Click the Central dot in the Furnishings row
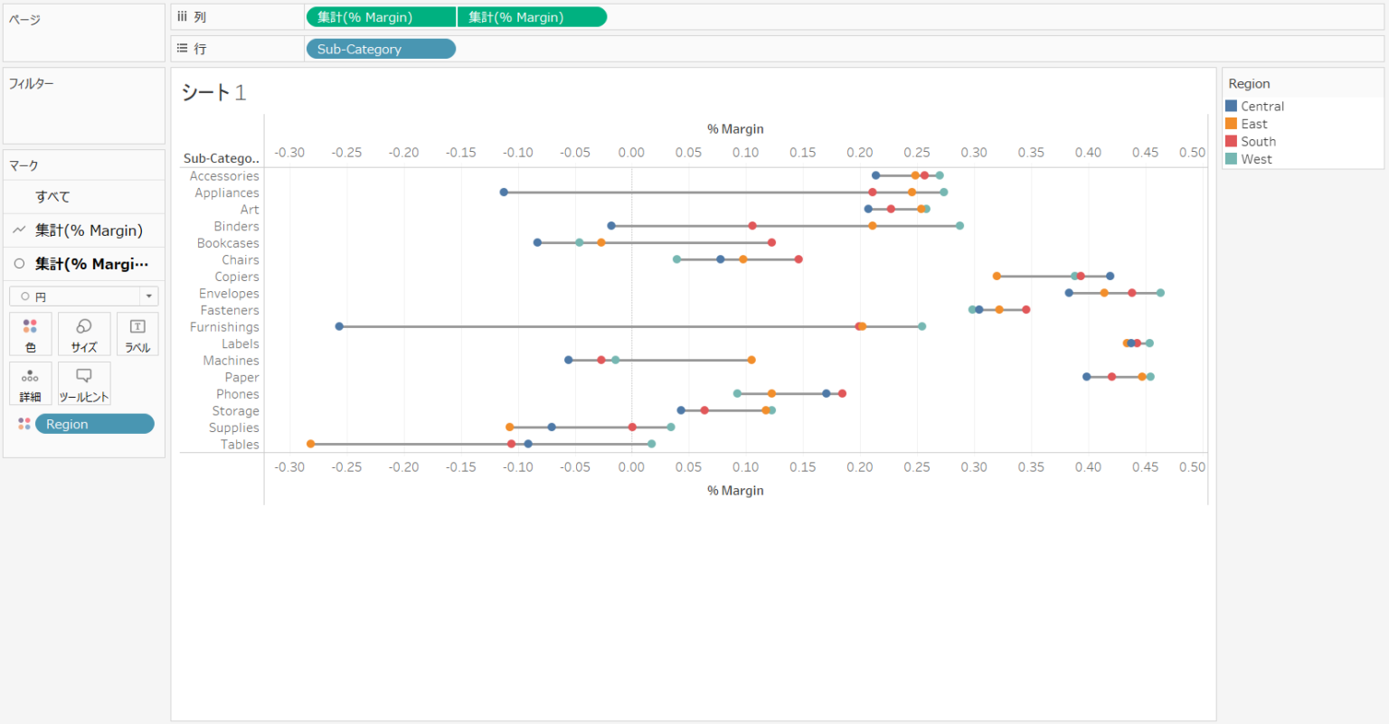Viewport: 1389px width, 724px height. point(339,326)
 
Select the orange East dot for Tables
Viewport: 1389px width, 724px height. point(311,444)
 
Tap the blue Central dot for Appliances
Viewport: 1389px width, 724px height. point(504,192)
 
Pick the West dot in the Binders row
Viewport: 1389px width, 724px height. point(959,225)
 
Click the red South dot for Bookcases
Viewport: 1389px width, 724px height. point(771,242)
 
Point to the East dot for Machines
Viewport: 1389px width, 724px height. point(751,360)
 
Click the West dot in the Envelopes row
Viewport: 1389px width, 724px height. point(1160,293)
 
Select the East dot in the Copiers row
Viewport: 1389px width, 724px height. point(997,276)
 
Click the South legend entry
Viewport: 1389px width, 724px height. point(1258,141)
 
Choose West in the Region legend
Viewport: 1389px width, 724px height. point(1256,159)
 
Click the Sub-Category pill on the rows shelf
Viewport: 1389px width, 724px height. point(381,49)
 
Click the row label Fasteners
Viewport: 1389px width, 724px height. point(230,310)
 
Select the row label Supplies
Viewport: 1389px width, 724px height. point(234,428)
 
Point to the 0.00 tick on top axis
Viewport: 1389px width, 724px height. point(631,153)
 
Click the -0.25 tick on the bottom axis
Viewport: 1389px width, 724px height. point(346,467)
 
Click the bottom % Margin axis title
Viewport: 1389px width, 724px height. point(735,491)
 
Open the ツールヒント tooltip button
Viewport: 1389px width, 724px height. point(84,383)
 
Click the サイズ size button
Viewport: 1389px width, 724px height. point(84,334)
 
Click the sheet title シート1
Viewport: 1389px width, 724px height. point(213,92)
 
